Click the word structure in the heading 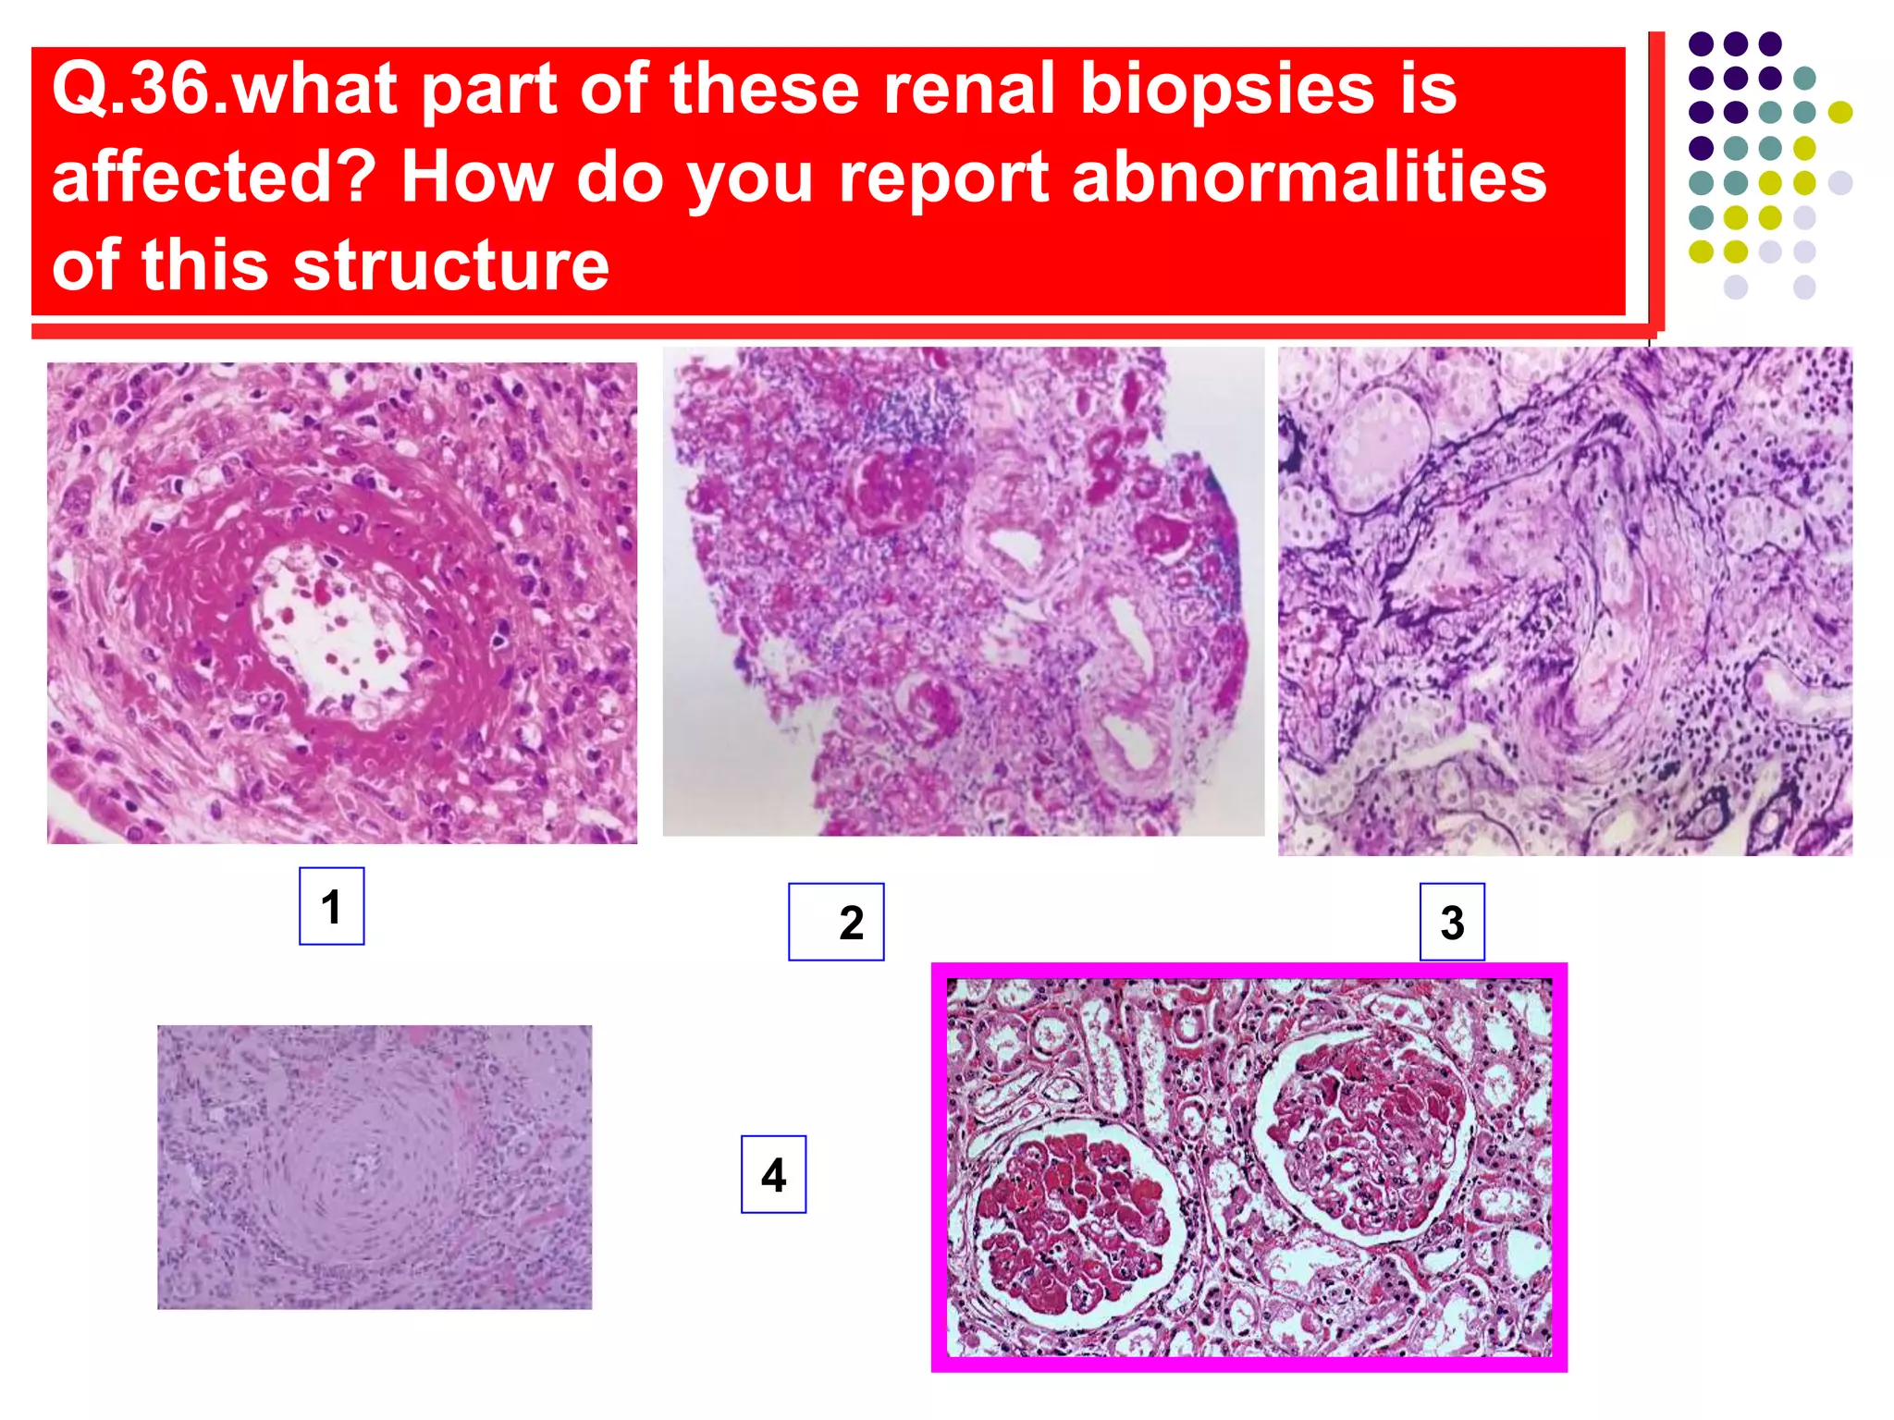click(x=450, y=264)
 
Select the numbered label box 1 click(x=331, y=906)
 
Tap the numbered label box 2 click(x=836, y=922)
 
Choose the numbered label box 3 click(x=1452, y=922)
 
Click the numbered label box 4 click(x=773, y=1174)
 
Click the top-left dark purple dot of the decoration click(x=1701, y=43)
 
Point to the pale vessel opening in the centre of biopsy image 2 click(x=1017, y=550)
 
